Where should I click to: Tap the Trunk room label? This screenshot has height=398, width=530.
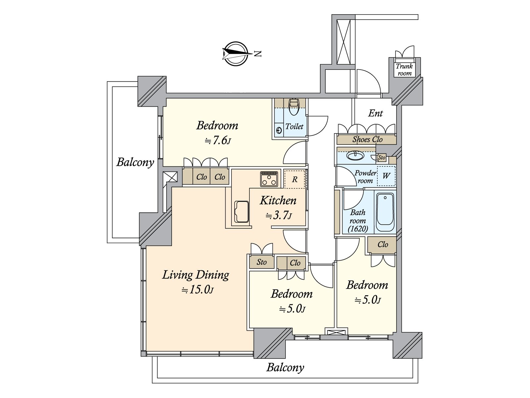404,70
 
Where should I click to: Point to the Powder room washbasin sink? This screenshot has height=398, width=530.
355,155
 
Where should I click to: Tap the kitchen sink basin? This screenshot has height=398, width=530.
241,212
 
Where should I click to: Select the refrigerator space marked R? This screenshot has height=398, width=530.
294,179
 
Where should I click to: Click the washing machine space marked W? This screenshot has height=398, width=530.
386,176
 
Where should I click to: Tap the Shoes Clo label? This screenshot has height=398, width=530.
367,140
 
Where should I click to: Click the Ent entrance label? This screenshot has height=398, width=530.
375,113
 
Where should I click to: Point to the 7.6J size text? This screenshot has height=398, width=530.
218,141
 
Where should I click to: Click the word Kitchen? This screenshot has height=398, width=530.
278,200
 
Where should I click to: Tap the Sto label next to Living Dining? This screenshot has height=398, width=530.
261,262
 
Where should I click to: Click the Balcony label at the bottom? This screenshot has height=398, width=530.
285,367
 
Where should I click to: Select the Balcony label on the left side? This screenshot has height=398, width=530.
135,162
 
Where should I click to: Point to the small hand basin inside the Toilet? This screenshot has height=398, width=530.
279,131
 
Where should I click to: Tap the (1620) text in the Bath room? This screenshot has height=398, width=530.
358,229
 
